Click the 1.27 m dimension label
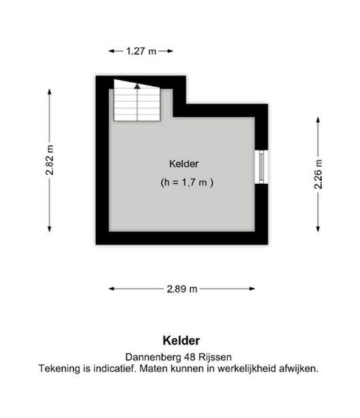[x=141, y=51]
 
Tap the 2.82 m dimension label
[x=50, y=160]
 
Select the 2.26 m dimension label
[x=318, y=174]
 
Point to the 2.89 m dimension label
[x=182, y=288]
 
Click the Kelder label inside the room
[x=184, y=163]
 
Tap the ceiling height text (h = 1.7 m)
[x=186, y=183]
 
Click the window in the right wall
[x=261, y=167]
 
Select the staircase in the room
[x=137, y=100]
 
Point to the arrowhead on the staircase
[x=137, y=86]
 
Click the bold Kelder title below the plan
[x=181, y=340]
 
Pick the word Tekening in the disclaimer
[x=59, y=369]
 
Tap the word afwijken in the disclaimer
[x=298, y=369]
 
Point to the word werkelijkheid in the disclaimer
[x=246, y=368]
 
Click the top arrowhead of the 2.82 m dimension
[x=49, y=92]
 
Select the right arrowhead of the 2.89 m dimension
[x=252, y=288]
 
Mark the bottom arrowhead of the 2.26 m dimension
[x=318, y=228]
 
